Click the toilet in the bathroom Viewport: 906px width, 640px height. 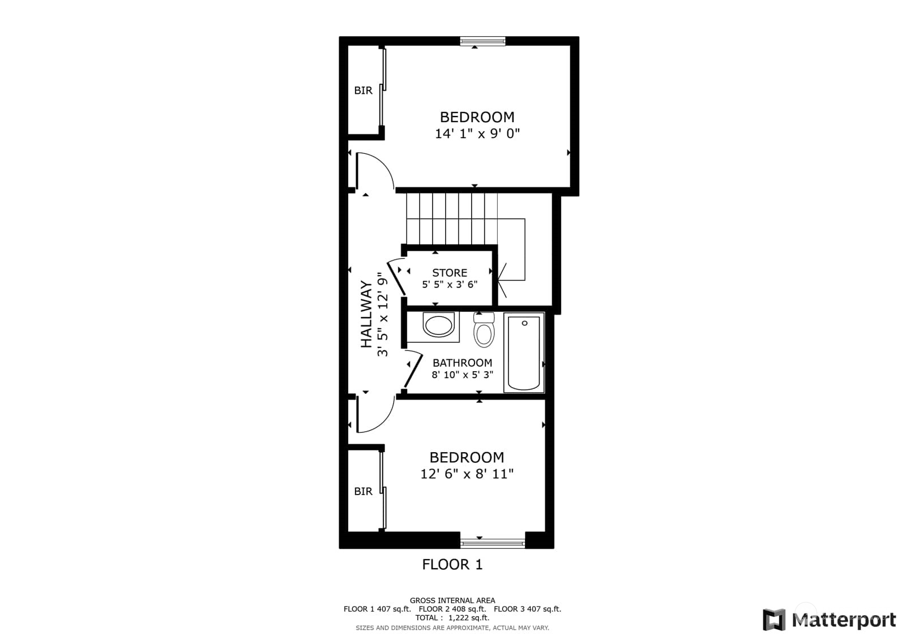pyautogui.click(x=484, y=331)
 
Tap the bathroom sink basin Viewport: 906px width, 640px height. pyautogui.click(x=438, y=326)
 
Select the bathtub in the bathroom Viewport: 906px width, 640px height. pyautogui.click(x=524, y=353)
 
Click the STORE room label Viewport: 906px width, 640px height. pyautogui.click(x=450, y=273)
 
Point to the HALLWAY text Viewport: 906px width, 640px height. pyautogui.click(x=367, y=314)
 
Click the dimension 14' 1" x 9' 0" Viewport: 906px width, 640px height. pyautogui.click(x=477, y=134)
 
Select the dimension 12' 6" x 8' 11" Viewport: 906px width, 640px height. pyautogui.click(x=467, y=474)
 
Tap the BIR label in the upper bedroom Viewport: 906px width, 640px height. pyautogui.click(x=363, y=91)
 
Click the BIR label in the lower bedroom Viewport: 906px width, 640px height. pyautogui.click(x=363, y=491)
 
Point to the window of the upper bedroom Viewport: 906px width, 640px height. pyautogui.click(x=482, y=41)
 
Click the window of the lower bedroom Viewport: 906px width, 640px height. pyautogui.click(x=493, y=543)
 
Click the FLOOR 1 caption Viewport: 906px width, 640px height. pyautogui.click(x=452, y=564)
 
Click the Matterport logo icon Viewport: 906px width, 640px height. pyautogui.click(x=775, y=620)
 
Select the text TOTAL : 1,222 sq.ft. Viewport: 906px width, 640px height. pyautogui.click(x=452, y=618)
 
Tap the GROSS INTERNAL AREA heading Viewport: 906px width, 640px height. pyautogui.click(x=452, y=600)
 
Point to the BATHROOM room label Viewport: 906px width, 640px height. pyautogui.click(x=462, y=363)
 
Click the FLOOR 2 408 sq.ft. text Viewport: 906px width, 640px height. pyautogui.click(x=452, y=609)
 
